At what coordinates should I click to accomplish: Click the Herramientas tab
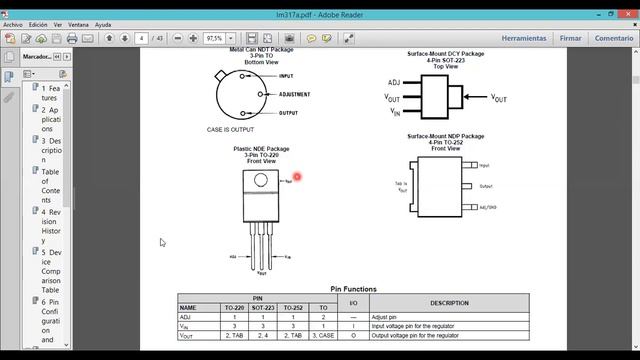524,38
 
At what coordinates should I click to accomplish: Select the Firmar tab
571,38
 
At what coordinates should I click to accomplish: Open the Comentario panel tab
614,38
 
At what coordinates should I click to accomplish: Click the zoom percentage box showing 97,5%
214,38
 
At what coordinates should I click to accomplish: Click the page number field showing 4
144,38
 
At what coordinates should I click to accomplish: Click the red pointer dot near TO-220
297,177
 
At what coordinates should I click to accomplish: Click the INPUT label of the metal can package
286,76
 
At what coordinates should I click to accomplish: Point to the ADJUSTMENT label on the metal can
294,94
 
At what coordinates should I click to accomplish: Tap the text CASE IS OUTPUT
230,130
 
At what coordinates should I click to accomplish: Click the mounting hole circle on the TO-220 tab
261,181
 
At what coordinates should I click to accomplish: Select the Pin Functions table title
353,289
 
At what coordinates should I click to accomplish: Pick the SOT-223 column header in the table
263,307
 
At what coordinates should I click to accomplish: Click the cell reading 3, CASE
322,335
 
